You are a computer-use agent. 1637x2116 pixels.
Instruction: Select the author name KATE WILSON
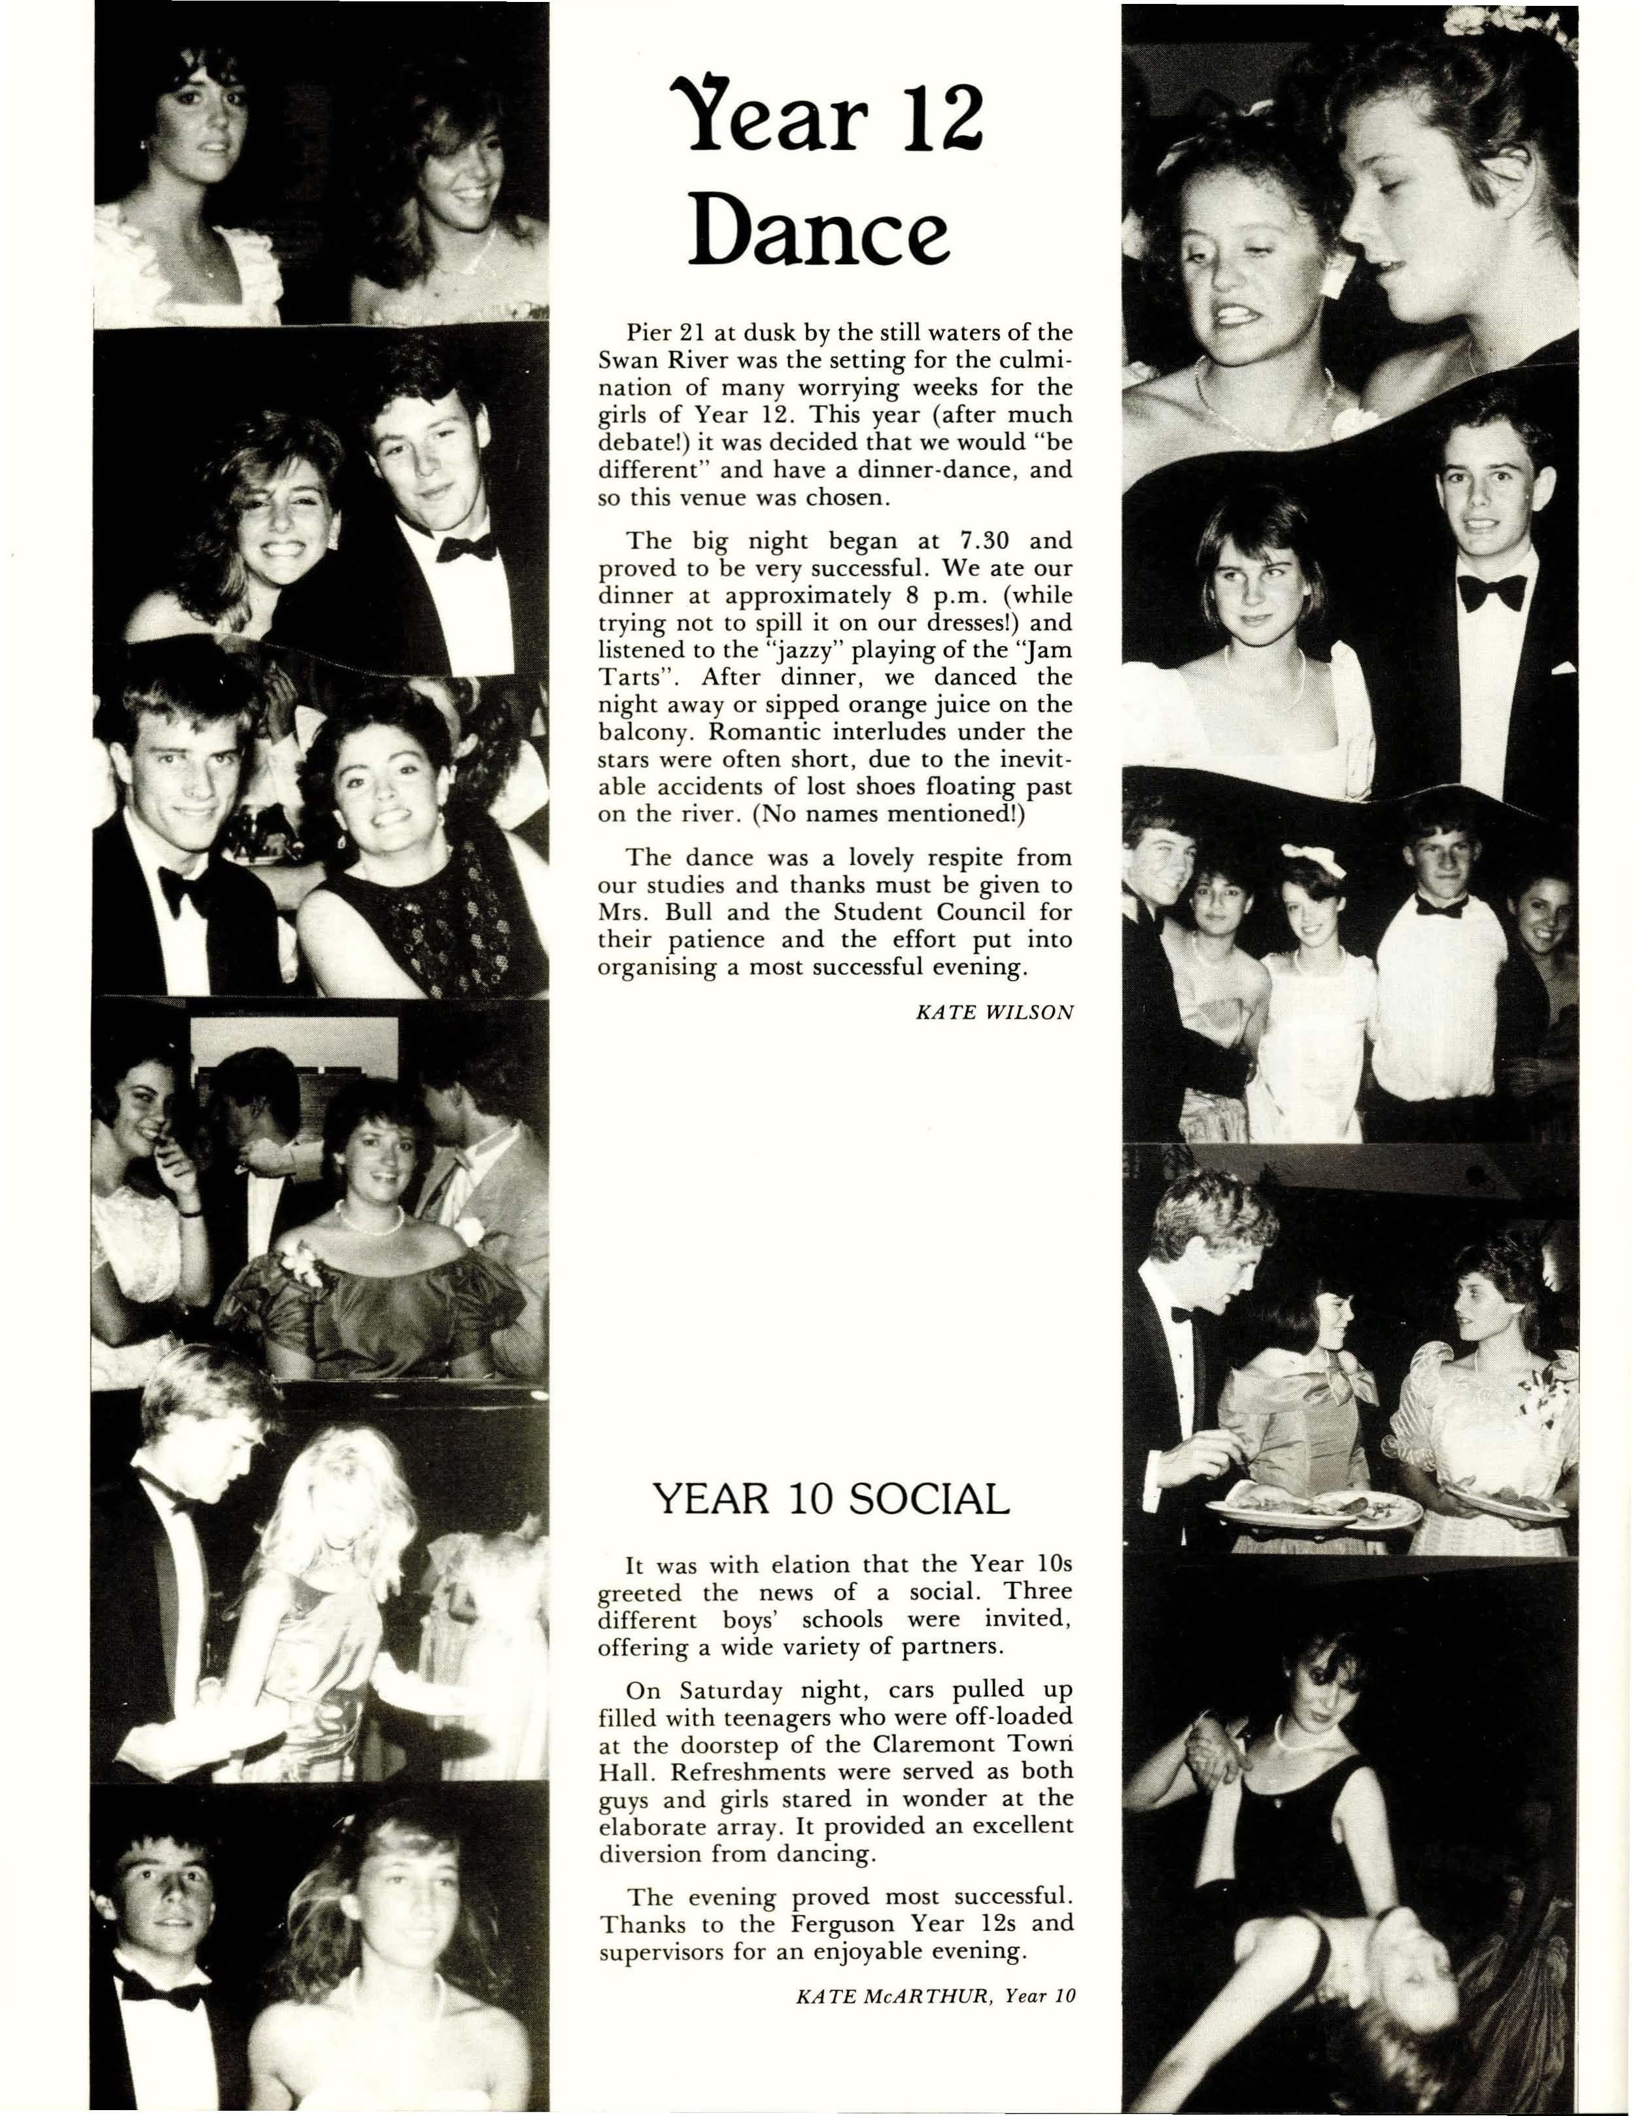(994, 1012)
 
